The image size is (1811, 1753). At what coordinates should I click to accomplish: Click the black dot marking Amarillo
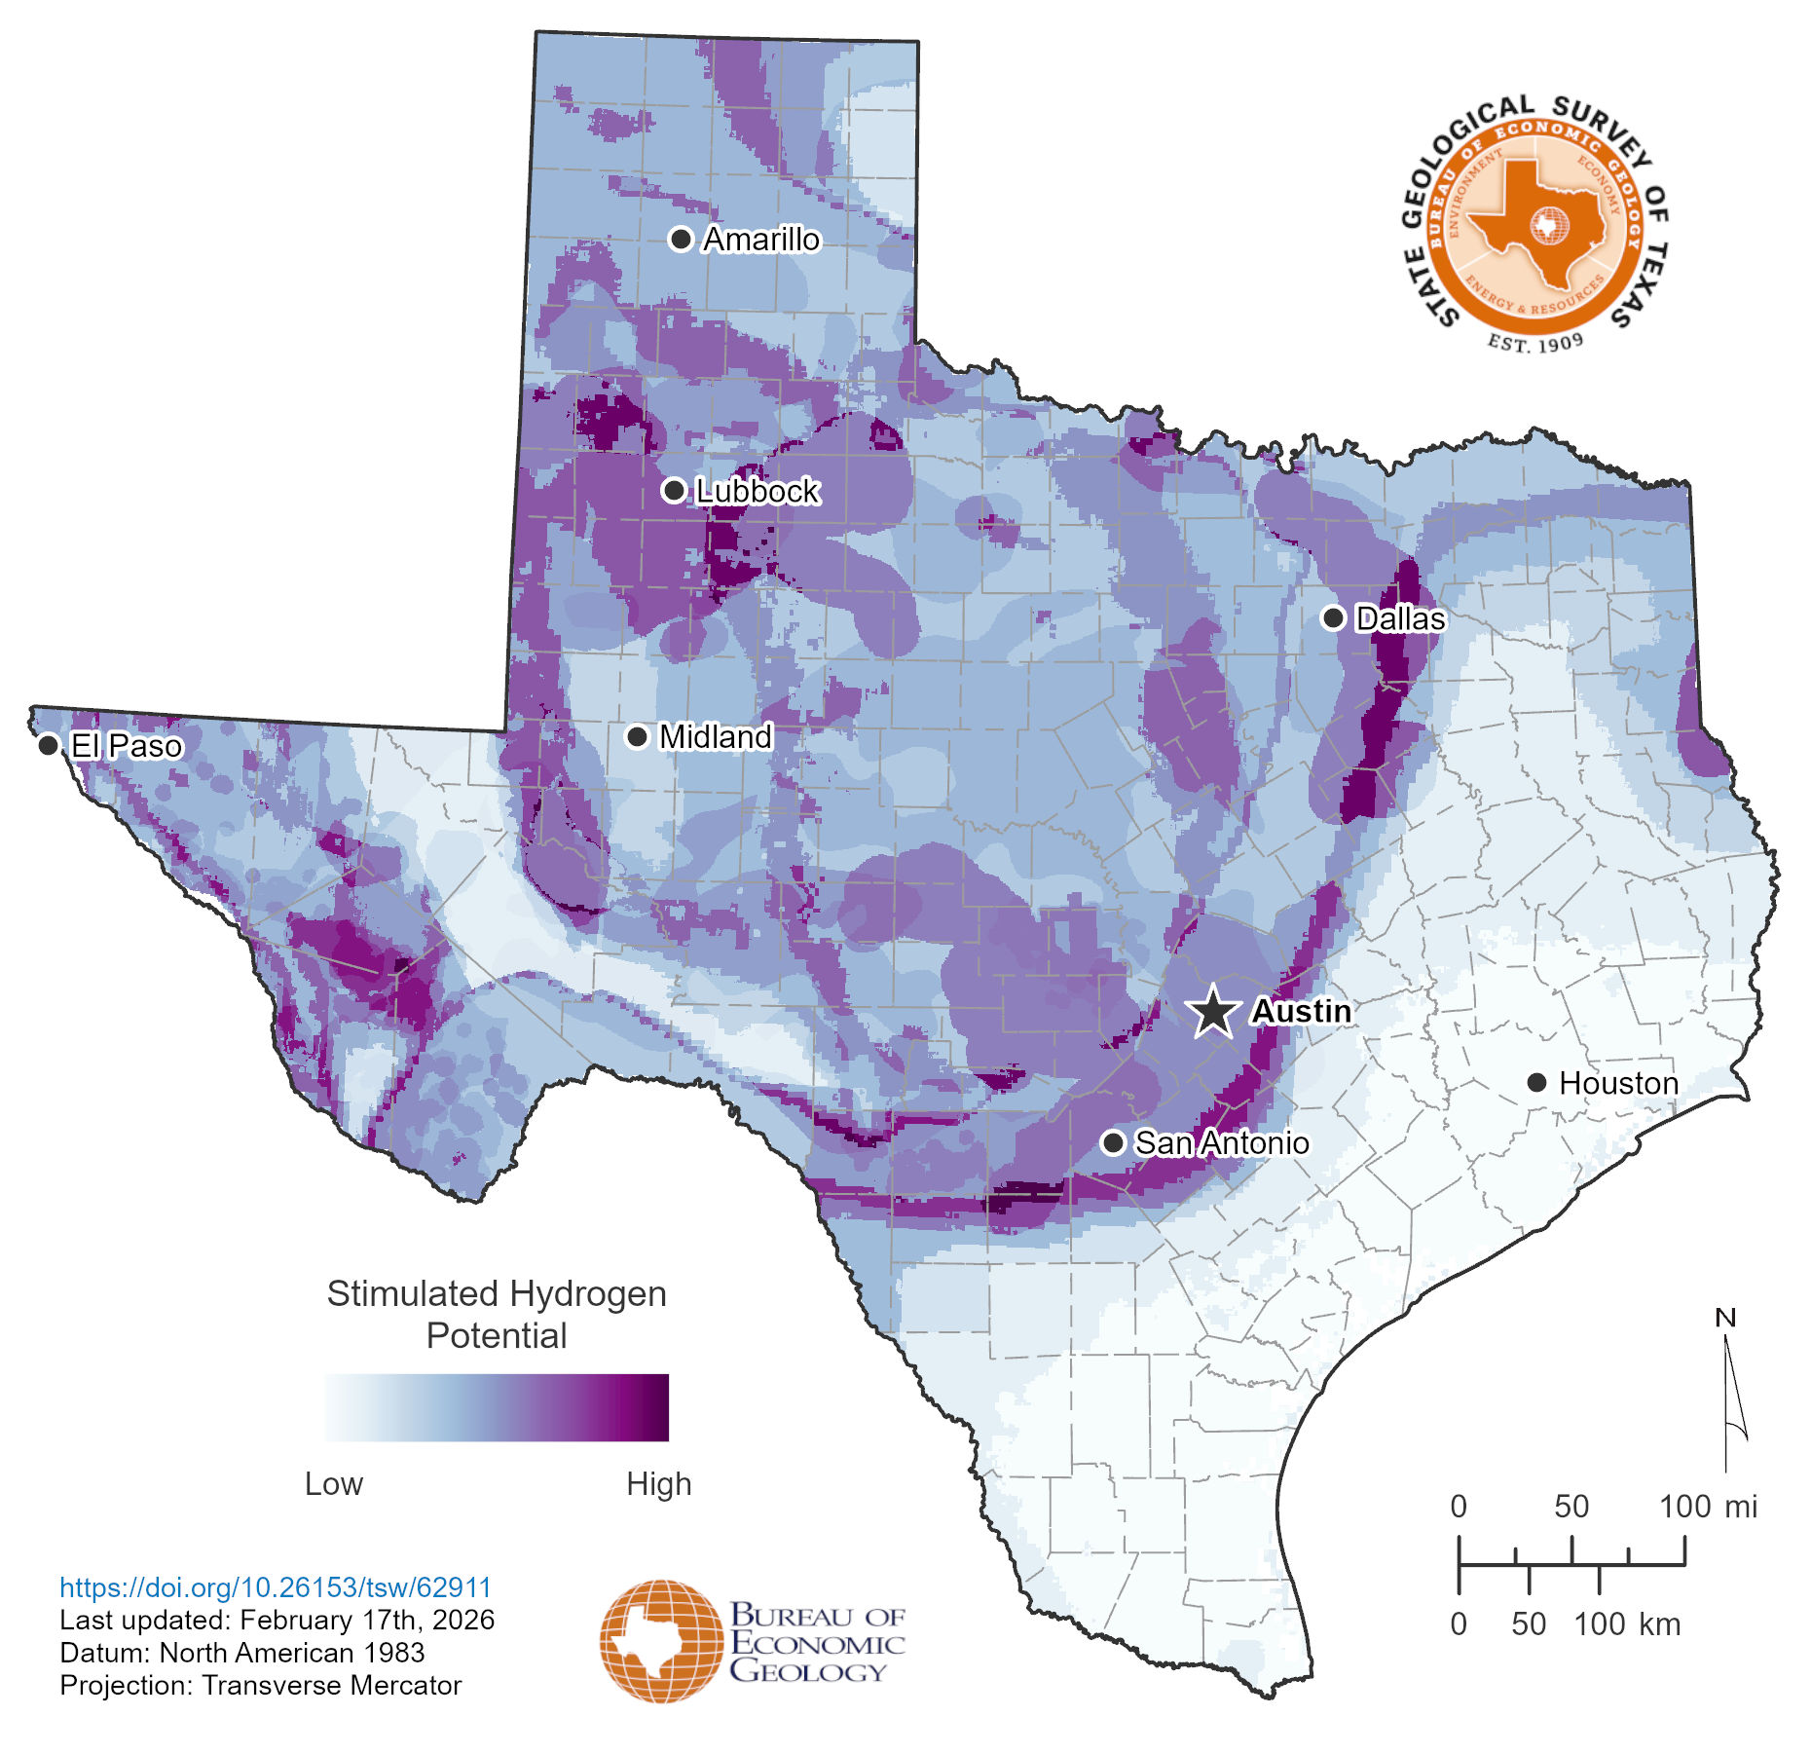tap(681, 239)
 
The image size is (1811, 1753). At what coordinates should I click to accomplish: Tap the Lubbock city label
tap(758, 491)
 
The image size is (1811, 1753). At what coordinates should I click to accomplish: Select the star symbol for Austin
tap(1213, 1011)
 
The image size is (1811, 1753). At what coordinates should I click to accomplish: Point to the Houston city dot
tap(1536, 1082)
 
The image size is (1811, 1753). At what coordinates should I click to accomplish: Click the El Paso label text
tap(127, 746)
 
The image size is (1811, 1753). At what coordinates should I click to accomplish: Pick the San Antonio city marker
tap(1113, 1142)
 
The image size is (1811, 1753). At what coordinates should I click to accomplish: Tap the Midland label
tap(716, 737)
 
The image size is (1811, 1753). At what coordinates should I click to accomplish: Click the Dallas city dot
tap(1333, 617)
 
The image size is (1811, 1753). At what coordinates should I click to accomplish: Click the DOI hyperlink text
tap(276, 1587)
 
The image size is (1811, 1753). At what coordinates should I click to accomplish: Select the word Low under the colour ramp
tap(333, 1483)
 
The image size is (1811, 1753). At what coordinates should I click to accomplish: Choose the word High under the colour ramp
tap(658, 1483)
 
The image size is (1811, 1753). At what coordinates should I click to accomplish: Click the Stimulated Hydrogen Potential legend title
tap(497, 1314)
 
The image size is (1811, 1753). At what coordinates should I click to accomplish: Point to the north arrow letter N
tap(1724, 1318)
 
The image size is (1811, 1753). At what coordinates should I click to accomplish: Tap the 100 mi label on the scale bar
tap(1707, 1507)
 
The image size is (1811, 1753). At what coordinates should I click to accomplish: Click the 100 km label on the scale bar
tap(1626, 1624)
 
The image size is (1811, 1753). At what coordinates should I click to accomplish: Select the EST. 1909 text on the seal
tap(1535, 342)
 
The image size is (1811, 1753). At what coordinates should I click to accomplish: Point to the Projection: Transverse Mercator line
tap(260, 1686)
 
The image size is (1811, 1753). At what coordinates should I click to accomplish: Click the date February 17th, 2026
tap(367, 1620)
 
